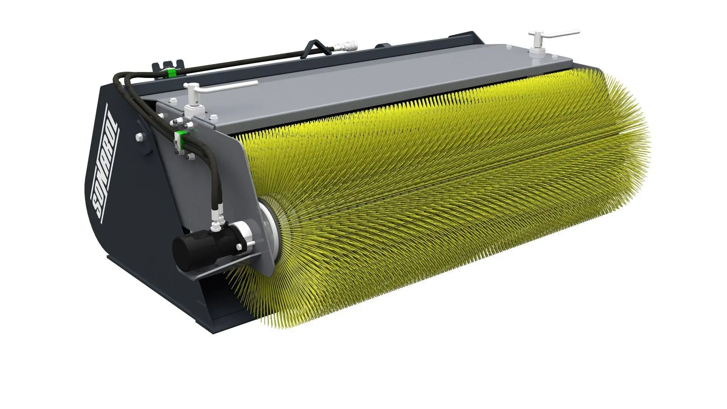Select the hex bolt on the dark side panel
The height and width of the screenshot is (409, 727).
139,137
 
